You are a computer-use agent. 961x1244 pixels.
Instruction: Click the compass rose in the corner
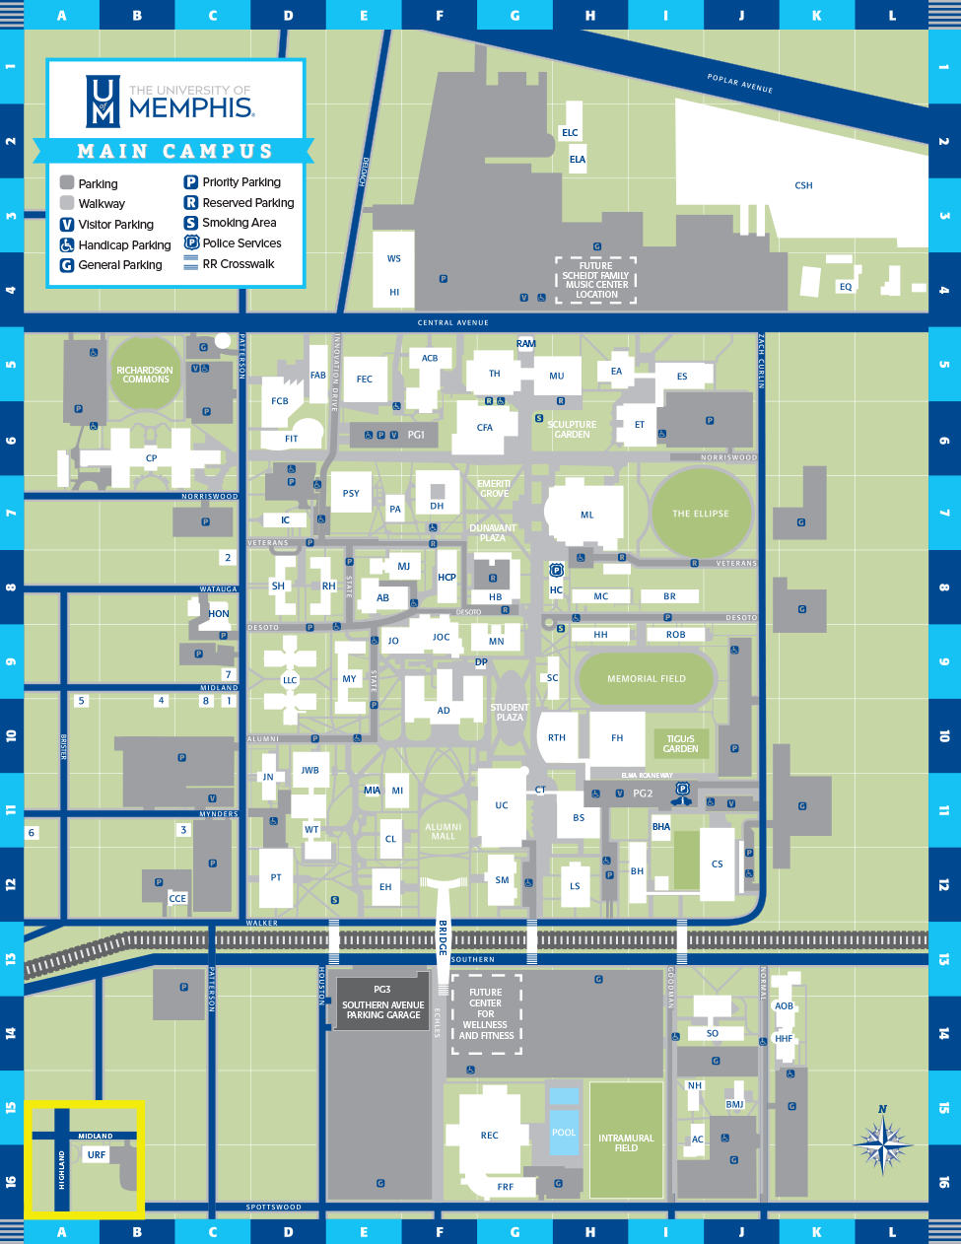[883, 1144]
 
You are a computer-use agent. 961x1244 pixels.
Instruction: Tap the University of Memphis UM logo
[103, 101]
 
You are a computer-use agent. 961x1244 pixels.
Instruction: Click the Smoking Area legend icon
[191, 223]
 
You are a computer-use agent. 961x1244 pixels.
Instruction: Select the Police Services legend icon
[191, 243]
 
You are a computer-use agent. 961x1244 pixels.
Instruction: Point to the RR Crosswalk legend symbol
[191, 264]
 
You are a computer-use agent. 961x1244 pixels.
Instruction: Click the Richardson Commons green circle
[146, 375]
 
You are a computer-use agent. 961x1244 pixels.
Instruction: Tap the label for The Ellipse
[701, 514]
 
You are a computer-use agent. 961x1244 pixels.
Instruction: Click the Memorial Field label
[647, 679]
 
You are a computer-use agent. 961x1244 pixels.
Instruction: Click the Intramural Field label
[626, 1142]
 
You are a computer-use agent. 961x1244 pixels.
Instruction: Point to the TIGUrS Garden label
[680, 743]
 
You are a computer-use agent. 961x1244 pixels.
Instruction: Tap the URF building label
[97, 1154]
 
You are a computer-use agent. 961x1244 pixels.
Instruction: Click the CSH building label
[803, 185]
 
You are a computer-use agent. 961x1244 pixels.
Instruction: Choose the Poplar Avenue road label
[740, 84]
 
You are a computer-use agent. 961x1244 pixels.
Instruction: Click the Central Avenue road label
[452, 322]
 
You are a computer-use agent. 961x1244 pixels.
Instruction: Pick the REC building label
[489, 1136]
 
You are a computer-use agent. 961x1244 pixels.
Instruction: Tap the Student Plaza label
[510, 712]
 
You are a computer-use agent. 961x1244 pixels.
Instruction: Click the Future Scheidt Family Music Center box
[596, 280]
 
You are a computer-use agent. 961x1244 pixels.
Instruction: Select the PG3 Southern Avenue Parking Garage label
[382, 1002]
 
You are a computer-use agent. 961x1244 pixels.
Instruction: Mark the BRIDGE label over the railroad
[443, 937]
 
